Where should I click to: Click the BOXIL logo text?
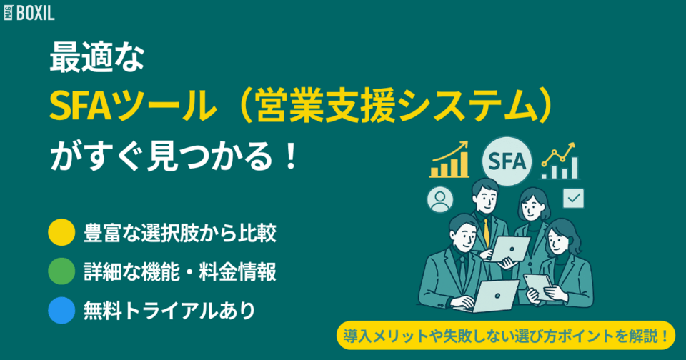[36, 12]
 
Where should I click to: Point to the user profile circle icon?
[439, 200]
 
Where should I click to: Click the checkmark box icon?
[573, 198]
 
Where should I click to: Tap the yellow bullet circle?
[61, 232]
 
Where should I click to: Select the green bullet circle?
[61, 271]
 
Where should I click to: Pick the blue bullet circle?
[61, 311]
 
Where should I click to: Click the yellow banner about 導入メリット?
[505, 333]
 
